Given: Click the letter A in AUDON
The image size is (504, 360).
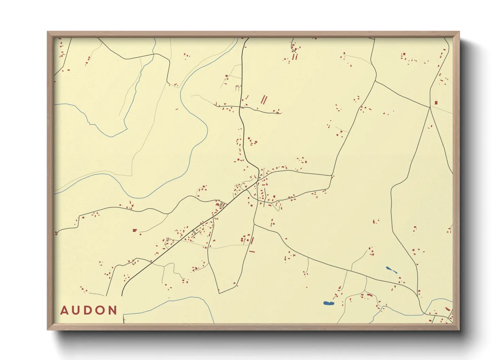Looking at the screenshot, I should click(65, 310).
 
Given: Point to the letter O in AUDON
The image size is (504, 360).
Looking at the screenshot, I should click(101, 310).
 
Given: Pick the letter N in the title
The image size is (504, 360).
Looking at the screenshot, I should click(113, 310).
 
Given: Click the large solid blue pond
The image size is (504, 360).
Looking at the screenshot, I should click(328, 303).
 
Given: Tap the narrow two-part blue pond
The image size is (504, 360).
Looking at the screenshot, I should click(391, 270).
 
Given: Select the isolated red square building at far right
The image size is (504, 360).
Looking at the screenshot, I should click(436, 102).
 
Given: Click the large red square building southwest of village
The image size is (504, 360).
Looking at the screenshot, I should click(135, 230).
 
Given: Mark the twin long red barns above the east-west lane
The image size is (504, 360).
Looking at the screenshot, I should click(264, 100).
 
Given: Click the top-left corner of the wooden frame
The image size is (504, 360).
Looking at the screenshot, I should click(48, 32).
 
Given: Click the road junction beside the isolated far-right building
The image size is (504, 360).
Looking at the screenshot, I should click(430, 107).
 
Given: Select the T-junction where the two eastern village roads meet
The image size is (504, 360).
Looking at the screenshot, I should click(332, 176).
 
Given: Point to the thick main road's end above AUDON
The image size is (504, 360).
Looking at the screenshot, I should click(122, 295).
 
